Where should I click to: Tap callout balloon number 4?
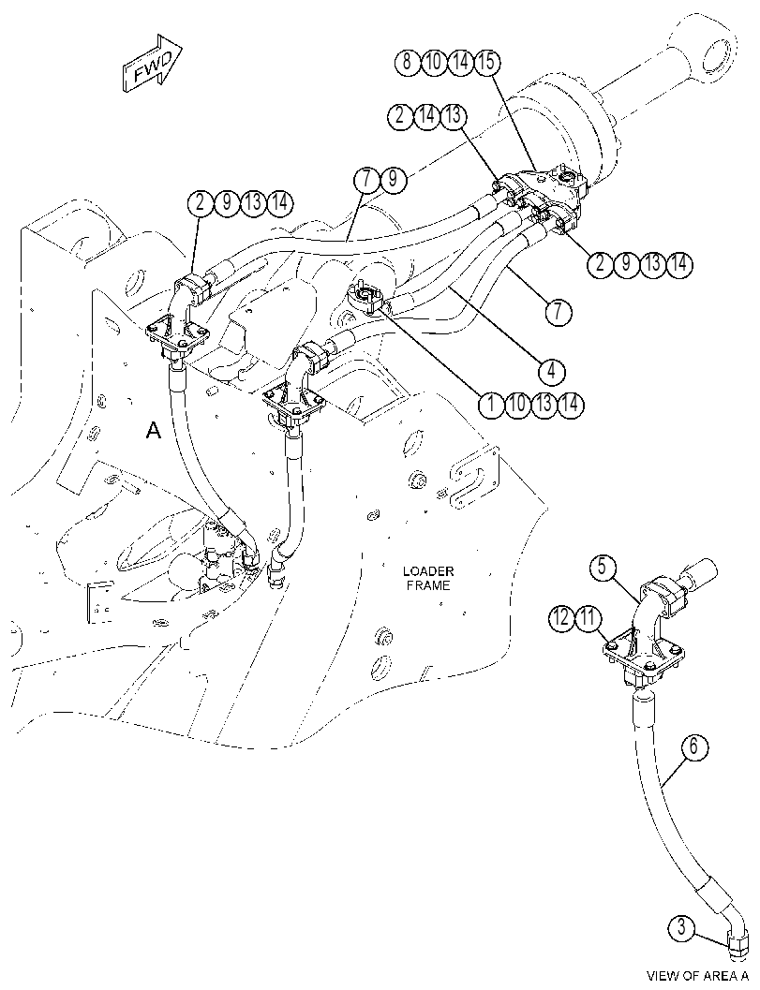[x=552, y=371]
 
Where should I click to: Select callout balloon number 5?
[x=603, y=567]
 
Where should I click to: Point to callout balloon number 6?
[x=693, y=747]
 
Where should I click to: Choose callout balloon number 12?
[x=562, y=618]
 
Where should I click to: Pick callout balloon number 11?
[x=589, y=618]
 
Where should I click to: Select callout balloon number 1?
[x=490, y=404]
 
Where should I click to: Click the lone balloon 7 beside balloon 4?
[x=559, y=313]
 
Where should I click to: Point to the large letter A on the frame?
[x=154, y=431]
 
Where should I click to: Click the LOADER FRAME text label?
[x=428, y=578]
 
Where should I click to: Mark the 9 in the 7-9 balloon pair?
[x=392, y=179]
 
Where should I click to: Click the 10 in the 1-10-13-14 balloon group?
[x=516, y=404]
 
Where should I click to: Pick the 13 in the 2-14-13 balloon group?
[x=453, y=116]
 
